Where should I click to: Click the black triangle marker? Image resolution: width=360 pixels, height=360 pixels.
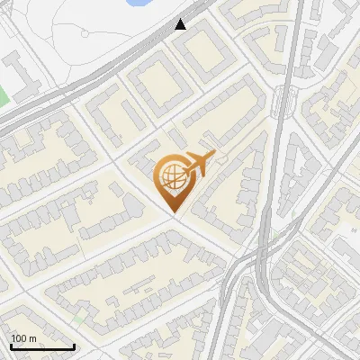click(x=183, y=23)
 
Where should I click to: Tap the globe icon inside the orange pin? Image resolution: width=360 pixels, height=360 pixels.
click(x=172, y=176)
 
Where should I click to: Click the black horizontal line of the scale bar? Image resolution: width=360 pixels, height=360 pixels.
click(x=41, y=346)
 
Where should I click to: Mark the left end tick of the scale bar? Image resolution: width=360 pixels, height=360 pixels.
click(x=10, y=345)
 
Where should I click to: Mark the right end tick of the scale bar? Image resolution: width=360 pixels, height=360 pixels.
click(x=74, y=345)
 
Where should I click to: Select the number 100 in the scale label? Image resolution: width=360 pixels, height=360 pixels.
click(x=20, y=338)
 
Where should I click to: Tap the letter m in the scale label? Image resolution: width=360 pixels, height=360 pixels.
click(x=33, y=338)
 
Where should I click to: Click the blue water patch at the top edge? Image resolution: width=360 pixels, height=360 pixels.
click(x=138, y=3)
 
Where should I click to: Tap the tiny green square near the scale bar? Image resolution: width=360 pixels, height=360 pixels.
click(x=79, y=318)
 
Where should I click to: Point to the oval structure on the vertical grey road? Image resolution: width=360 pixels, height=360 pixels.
click(x=286, y=99)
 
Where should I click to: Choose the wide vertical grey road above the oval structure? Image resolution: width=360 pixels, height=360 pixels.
click(x=293, y=45)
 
